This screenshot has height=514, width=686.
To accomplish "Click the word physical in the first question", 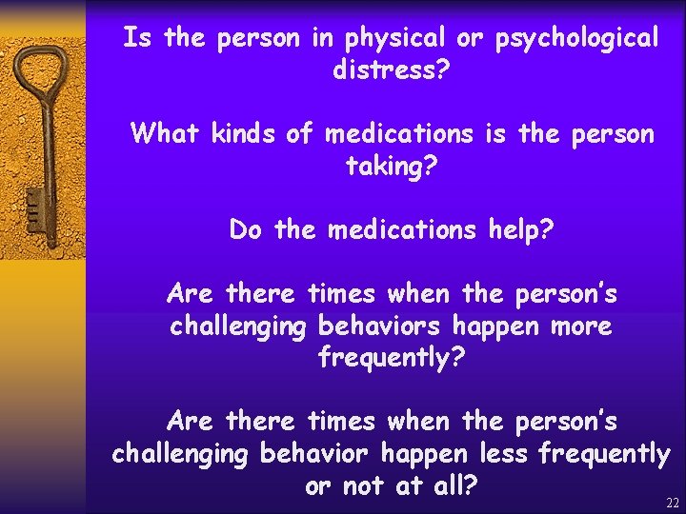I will click(x=392, y=39).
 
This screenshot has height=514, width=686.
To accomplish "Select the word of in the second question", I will click(x=301, y=133).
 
